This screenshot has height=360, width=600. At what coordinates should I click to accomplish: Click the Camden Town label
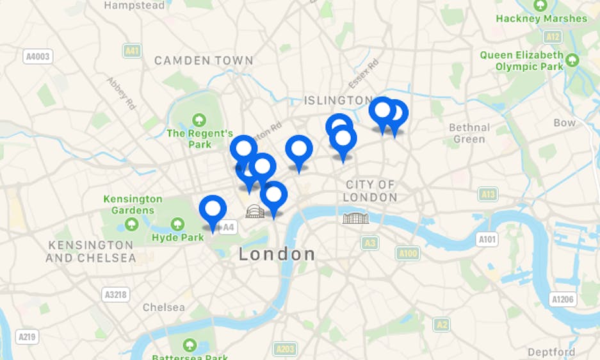click(x=204, y=60)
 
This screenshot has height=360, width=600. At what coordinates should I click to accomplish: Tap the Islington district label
click(x=338, y=101)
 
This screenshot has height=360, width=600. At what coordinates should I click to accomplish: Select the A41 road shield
click(x=133, y=51)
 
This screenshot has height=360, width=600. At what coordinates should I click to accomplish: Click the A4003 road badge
click(x=38, y=56)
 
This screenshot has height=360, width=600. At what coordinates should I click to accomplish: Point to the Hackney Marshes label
click(x=541, y=19)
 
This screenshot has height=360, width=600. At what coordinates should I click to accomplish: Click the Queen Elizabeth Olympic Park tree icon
click(x=572, y=60)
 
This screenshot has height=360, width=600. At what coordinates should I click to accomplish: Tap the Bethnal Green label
click(x=469, y=133)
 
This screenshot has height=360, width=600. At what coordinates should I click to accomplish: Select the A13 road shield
click(x=488, y=194)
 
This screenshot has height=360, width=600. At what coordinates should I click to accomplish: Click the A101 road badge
click(x=487, y=239)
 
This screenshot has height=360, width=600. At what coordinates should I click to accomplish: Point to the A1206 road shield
click(x=562, y=299)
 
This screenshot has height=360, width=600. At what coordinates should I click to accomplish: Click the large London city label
click(x=277, y=254)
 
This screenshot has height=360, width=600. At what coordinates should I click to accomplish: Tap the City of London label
click(x=370, y=191)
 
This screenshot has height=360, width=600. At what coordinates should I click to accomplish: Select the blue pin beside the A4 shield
click(x=213, y=210)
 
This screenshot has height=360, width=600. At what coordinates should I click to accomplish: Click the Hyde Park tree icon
click(x=178, y=224)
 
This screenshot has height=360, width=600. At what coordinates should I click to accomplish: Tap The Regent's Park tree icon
click(x=199, y=119)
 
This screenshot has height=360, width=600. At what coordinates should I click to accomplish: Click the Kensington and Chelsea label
click(x=90, y=252)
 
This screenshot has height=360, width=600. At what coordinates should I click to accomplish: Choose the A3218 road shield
click(x=115, y=295)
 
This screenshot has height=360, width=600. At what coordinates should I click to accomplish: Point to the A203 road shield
click(x=286, y=349)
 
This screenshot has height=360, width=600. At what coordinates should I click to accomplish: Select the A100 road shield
click(x=408, y=254)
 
